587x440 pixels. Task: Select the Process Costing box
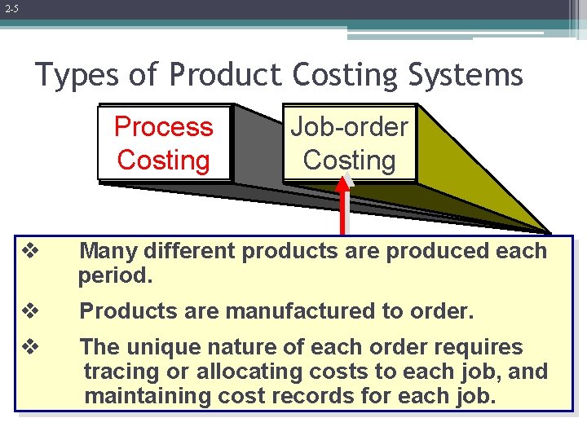coord(163,143)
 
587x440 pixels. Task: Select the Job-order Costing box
coord(349,143)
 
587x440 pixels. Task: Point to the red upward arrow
coord(344,204)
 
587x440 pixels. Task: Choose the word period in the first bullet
coord(114,275)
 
